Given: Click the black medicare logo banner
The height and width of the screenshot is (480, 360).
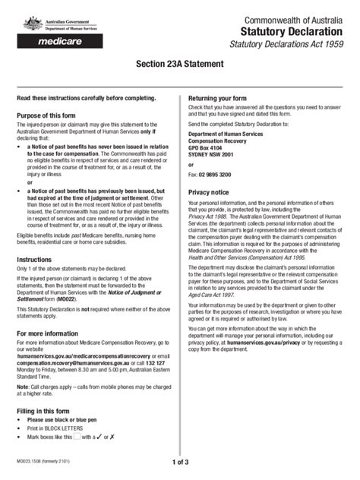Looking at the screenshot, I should [x=58, y=43].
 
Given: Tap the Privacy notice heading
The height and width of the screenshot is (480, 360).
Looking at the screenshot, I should [x=209, y=193].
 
